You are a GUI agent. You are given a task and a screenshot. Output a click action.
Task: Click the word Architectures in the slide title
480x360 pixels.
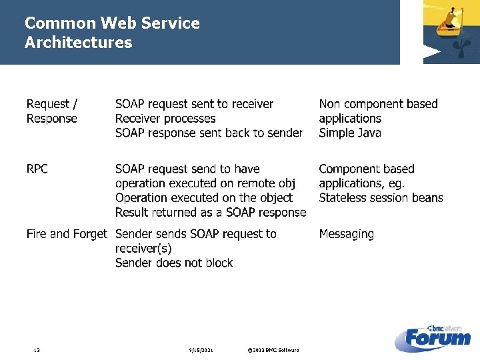(78, 43)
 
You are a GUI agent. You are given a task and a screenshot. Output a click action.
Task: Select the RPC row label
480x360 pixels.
(37, 169)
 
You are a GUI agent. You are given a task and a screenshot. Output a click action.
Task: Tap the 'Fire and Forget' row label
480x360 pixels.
(66, 234)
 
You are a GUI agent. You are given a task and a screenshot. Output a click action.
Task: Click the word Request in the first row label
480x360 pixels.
(48, 104)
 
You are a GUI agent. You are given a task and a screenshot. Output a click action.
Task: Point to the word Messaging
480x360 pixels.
(346, 234)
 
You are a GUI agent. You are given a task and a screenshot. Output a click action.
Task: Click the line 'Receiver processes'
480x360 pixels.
(165, 119)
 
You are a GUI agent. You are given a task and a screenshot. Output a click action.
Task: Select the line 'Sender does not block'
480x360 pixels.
(174, 263)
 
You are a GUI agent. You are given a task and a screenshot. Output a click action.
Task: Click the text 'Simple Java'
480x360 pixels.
(350, 133)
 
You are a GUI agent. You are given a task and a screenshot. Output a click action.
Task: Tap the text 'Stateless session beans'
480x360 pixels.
(381, 198)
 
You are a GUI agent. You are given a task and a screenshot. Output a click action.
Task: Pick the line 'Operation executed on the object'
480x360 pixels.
(203, 198)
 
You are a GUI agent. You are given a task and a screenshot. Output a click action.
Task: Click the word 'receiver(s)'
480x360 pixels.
(143, 249)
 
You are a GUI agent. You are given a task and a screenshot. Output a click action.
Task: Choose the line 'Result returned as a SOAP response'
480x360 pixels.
(210, 213)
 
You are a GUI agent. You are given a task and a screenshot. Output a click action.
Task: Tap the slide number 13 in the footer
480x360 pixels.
(37, 351)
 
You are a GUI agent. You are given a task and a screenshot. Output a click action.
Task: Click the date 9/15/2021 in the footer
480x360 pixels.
(201, 351)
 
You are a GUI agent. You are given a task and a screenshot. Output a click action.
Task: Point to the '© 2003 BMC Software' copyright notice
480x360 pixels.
(273, 351)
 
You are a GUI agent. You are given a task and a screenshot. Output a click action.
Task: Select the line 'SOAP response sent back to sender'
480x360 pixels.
(209, 133)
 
